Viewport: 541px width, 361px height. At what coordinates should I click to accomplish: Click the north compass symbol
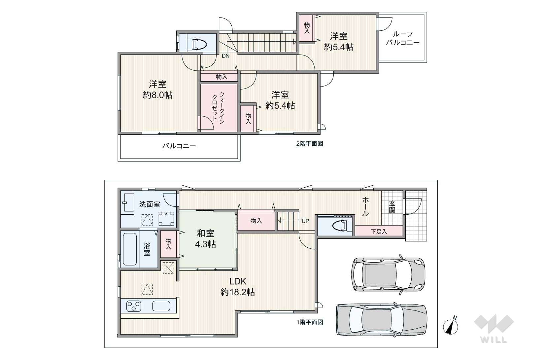point(451,327)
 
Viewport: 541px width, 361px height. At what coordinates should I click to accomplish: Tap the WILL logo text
point(494,340)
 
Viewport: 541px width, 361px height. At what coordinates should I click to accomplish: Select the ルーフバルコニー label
point(403,38)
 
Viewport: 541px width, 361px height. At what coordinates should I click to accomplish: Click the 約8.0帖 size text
point(158,95)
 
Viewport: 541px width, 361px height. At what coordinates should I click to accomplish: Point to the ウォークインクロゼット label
point(218,108)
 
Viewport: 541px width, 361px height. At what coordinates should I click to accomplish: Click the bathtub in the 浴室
point(130,249)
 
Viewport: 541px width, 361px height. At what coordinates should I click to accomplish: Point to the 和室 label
point(206,234)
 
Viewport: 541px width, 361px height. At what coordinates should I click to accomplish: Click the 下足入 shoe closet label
point(379,232)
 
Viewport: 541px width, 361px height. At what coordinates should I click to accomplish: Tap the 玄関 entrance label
point(392,207)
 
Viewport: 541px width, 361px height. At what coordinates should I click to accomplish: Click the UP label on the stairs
point(305,221)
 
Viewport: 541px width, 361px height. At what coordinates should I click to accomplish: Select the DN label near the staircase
point(225,56)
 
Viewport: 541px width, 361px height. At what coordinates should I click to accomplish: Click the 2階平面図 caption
point(310,144)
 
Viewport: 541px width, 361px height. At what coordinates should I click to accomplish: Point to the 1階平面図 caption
point(310,322)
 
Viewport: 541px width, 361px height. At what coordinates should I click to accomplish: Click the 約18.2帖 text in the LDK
point(238,292)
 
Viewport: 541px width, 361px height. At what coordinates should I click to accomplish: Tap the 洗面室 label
point(150,204)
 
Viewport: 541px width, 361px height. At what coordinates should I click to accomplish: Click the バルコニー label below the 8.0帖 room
point(179,146)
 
